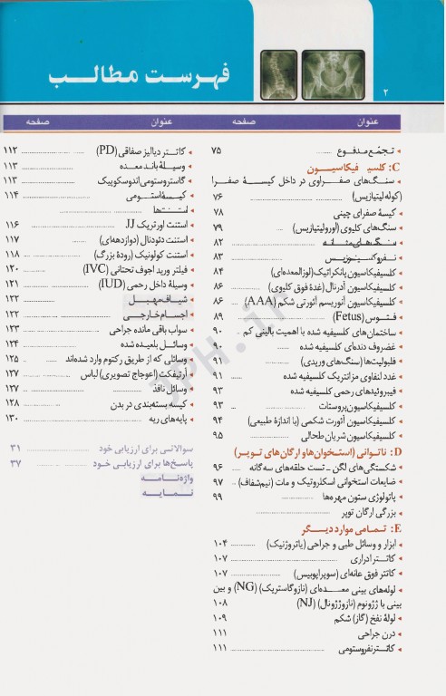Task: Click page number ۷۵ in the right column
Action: (x=216, y=150)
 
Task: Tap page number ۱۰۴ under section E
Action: (x=218, y=543)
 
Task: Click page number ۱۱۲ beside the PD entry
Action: (x=13, y=150)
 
